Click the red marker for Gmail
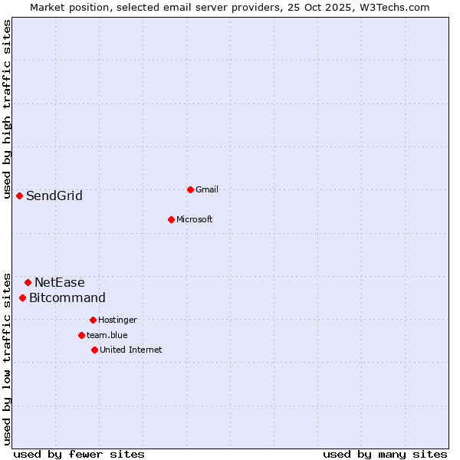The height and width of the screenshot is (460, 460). pyautogui.click(x=190, y=189)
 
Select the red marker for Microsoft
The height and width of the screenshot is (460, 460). pyautogui.click(x=172, y=219)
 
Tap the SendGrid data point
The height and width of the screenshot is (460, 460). pyautogui.click(x=20, y=195)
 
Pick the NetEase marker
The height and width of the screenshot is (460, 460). pyautogui.click(x=28, y=282)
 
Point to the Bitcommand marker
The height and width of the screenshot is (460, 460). pyautogui.click(x=23, y=297)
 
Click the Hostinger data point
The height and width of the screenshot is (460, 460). pyautogui.click(x=93, y=320)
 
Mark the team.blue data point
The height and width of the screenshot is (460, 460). pyautogui.click(x=81, y=335)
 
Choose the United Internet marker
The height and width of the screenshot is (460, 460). pyautogui.click(x=94, y=350)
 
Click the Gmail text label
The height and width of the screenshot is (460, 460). pyautogui.click(x=207, y=189)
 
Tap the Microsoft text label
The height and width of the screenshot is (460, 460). pyautogui.click(x=195, y=219)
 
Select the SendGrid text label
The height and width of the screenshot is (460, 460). pyautogui.click(x=54, y=195)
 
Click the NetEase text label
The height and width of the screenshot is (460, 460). pyautogui.click(x=60, y=282)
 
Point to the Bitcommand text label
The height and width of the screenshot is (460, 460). pyautogui.click(x=67, y=297)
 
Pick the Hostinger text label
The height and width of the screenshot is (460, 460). pyautogui.click(x=117, y=320)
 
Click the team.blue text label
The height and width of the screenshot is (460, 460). pyautogui.click(x=107, y=335)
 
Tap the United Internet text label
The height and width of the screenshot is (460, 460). pyautogui.click(x=131, y=350)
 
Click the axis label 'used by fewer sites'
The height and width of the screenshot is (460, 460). pyautogui.click(x=79, y=454)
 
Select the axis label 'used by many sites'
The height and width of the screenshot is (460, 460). pyautogui.click(x=385, y=454)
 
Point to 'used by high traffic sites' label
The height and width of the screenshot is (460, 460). pyautogui.click(x=7, y=109)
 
